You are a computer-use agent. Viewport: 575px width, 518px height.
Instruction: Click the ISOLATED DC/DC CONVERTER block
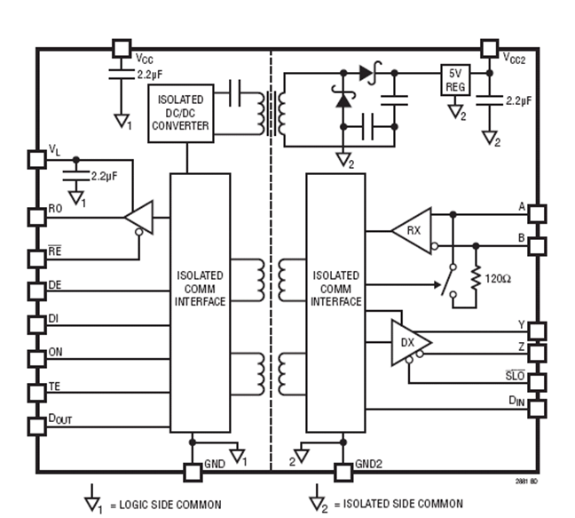[181, 112]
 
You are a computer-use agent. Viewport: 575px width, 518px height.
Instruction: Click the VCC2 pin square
[487, 47]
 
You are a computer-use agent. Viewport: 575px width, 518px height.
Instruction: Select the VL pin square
[36, 159]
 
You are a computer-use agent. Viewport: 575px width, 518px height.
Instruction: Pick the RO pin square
[36, 215]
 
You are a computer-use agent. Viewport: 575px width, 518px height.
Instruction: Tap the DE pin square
[36, 291]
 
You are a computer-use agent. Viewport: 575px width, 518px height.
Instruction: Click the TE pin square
[36, 392]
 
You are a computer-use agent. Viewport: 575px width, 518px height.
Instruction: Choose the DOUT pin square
[36, 426]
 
